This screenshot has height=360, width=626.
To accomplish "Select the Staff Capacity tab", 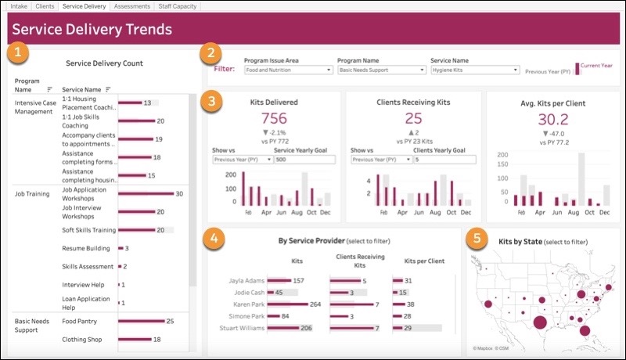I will coord(177,6).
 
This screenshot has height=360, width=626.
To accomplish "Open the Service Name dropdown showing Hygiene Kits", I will coord(475,70).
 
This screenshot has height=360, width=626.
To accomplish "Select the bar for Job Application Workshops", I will coord(146,193).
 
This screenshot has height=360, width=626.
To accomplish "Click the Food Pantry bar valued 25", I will coord(141,321).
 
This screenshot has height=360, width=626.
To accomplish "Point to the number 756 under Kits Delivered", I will coord(273,119).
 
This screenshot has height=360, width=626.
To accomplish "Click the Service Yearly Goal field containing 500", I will coord(305,159).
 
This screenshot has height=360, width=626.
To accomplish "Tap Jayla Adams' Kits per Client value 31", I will coord(408,280).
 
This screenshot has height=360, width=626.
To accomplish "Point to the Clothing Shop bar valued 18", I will coord(134,340).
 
